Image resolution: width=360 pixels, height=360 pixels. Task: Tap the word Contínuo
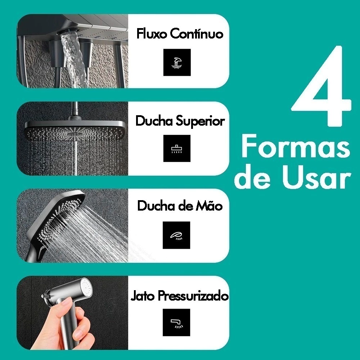197,34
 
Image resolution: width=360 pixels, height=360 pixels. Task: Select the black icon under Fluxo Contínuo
177,62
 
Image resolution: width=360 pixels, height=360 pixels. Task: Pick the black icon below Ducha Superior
177,148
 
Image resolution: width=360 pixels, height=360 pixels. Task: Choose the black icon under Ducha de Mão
176,235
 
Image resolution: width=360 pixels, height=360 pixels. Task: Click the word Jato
142,296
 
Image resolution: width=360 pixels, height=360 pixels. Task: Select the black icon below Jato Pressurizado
176,322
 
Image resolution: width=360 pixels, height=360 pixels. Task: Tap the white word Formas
296,147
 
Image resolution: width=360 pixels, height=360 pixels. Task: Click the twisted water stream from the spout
74,60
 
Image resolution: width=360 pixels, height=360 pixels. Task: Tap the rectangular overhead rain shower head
75,129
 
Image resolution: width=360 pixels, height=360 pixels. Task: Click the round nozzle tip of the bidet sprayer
86,287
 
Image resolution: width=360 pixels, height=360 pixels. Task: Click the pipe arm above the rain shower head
74,111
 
